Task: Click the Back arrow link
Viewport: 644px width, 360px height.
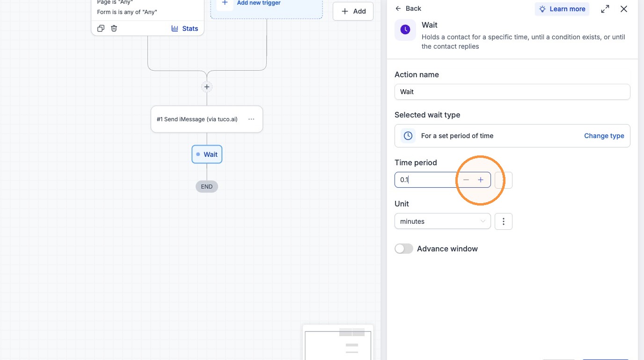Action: pyautogui.click(x=408, y=8)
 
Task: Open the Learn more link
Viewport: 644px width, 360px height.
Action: pyautogui.click(x=562, y=9)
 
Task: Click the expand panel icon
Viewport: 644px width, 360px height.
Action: pyautogui.click(x=605, y=9)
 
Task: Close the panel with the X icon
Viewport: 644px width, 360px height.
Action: pyautogui.click(x=623, y=9)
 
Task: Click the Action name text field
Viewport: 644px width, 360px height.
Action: pyautogui.click(x=512, y=92)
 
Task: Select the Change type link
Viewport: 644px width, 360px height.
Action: pyautogui.click(x=604, y=136)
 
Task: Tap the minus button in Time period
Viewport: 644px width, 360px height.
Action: pyautogui.click(x=466, y=180)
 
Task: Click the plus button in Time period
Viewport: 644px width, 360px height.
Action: pyautogui.click(x=480, y=180)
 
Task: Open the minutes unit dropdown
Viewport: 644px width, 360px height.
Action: pyautogui.click(x=442, y=221)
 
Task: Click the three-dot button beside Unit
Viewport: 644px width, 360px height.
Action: pyautogui.click(x=503, y=221)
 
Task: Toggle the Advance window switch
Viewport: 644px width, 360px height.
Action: pyautogui.click(x=403, y=249)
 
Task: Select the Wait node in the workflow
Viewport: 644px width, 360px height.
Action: pyautogui.click(x=207, y=154)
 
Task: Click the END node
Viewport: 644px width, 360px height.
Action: pyautogui.click(x=207, y=187)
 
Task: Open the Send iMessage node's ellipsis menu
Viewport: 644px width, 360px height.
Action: pyautogui.click(x=251, y=119)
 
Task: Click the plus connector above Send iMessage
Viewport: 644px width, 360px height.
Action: pyautogui.click(x=207, y=87)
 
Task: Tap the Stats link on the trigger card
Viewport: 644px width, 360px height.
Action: pyautogui.click(x=184, y=29)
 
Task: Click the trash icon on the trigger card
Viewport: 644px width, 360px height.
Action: pyautogui.click(x=114, y=28)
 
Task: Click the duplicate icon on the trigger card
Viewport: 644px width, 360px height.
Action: pyautogui.click(x=101, y=28)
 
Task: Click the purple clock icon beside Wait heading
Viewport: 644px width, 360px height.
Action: pyautogui.click(x=405, y=29)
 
